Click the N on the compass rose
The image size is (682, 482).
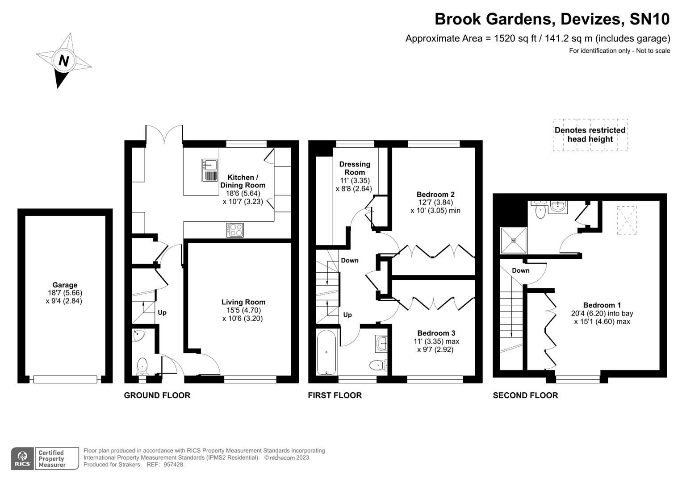pyautogui.click(x=64, y=60)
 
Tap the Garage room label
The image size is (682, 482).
pyautogui.click(x=65, y=285)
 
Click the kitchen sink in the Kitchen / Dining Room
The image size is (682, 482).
pyautogui.click(x=209, y=170)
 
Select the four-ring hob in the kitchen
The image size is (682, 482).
pyautogui.click(x=235, y=230)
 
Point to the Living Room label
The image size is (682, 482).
pyautogui.click(x=243, y=302)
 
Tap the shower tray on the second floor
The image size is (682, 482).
pyautogui.click(x=514, y=240)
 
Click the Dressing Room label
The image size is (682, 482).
pyautogui.click(x=355, y=168)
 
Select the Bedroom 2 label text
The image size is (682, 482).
pyautogui.click(x=435, y=194)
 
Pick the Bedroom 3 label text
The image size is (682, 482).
pyautogui.click(x=436, y=333)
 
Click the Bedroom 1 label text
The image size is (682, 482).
pyautogui.click(x=602, y=305)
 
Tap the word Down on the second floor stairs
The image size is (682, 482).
pyautogui.click(x=520, y=270)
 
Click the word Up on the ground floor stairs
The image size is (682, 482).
pyautogui.click(x=162, y=312)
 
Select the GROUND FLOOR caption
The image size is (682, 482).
pyautogui.click(x=157, y=395)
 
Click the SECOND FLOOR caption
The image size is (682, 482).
pyautogui.click(x=525, y=395)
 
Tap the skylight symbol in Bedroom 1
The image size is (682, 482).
pyautogui.click(x=627, y=220)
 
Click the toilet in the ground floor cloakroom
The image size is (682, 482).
pyautogui.click(x=142, y=366)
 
